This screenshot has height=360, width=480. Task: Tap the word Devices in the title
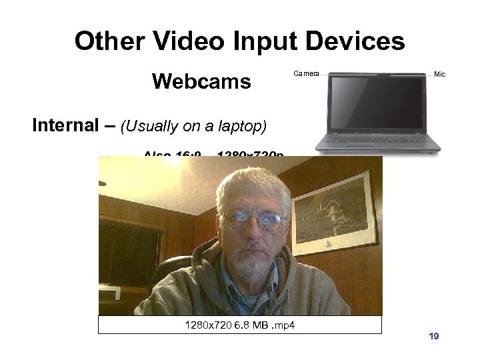pos(355,41)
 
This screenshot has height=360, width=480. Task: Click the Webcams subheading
pos(201,82)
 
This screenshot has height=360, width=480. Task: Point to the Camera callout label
pos(307,73)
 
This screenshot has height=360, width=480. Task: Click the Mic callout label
pos(440,74)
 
